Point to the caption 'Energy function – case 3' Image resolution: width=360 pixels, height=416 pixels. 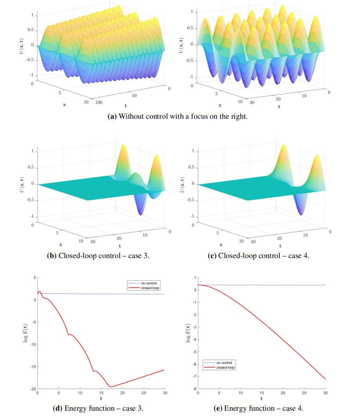point(98,408)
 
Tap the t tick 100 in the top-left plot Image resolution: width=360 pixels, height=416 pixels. point(97,102)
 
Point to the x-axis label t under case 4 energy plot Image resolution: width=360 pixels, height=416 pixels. point(262,399)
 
